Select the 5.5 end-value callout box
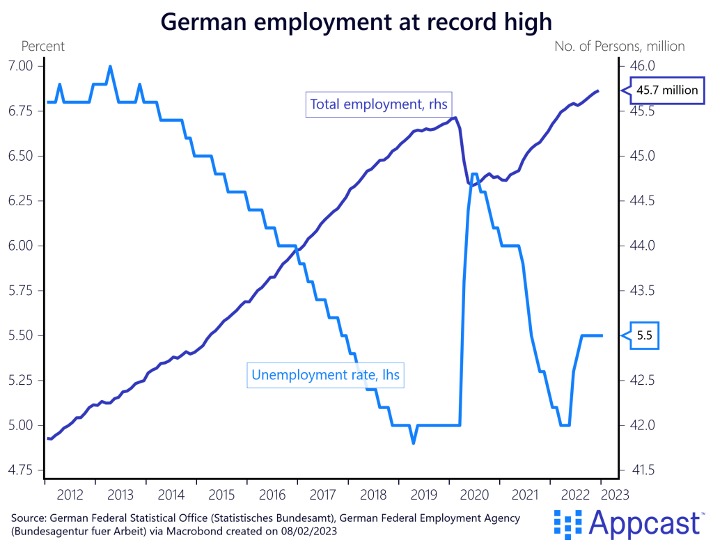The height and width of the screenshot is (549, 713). pyautogui.click(x=644, y=335)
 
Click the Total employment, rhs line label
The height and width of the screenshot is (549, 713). pyautogui.click(x=378, y=104)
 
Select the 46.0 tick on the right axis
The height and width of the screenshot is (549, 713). pyautogui.click(x=642, y=66)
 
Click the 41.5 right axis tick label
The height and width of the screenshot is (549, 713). pyautogui.click(x=642, y=470)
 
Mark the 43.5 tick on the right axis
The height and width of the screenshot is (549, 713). pyautogui.click(x=642, y=291)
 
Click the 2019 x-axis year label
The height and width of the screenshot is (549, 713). pyautogui.click(x=423, y=495)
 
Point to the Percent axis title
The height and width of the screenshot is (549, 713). pyautogui.click(x=43, y=47)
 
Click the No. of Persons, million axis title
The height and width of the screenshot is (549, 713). pyautogui.click(x=619, y=47)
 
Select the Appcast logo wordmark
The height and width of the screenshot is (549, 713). pyautogui.click(x=644, y=522)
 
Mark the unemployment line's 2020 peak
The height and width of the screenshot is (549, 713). pyautogui.click(x=473, y=174)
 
